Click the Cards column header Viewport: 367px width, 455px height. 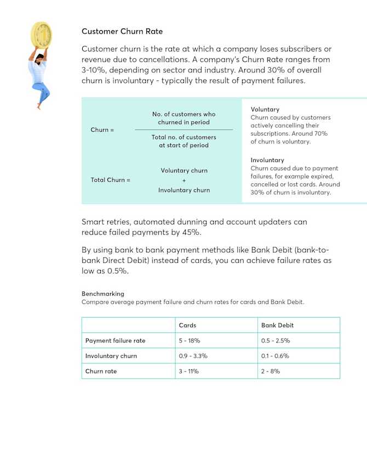point(187,325)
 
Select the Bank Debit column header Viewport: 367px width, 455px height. point(277,325)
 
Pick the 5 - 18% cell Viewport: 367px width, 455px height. point(190,341)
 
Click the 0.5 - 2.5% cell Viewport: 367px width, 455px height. point(276,341)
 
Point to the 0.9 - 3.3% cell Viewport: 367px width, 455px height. point(193,356)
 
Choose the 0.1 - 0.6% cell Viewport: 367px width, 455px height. point(276,356)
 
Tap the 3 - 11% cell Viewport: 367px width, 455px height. point(188,372)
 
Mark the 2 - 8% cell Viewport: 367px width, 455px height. point(271,372)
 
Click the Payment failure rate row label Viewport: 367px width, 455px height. point(115,341)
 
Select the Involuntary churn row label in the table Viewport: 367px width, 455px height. point(111,356)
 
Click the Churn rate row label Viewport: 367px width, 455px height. point(101,372)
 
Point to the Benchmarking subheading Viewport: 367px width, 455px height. point(103,294)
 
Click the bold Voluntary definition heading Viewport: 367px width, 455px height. point(265,109)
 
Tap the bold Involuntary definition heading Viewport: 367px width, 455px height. point(267,160)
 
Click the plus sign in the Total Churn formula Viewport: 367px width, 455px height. point(184,181)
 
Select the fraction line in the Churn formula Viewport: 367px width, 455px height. point(184,130)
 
